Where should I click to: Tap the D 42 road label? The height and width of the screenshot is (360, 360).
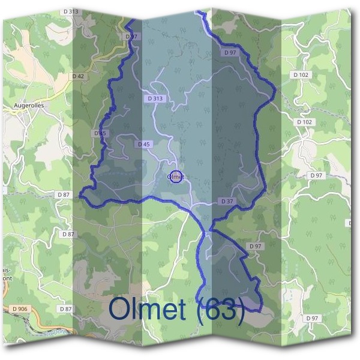tap(77, 76)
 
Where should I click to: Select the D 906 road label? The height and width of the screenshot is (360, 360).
tap(19, 308)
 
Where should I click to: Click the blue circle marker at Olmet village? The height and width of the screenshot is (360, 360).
tap(176, 177)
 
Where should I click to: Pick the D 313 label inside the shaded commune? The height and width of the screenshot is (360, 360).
tap(154, 98)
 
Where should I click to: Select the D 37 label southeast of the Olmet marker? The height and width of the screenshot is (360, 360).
tap(226, 201)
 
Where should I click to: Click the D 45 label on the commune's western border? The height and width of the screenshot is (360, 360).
tap(100, 133)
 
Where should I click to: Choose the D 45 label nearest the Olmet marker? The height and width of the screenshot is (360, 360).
tap(143, 145)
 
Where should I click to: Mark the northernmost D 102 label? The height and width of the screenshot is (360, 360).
tap(301, 74)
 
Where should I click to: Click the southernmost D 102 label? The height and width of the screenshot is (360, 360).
tap(304, 122)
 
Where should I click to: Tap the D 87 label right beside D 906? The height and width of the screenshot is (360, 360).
tap(66, 308)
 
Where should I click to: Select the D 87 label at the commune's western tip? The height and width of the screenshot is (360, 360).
tap(63, 195)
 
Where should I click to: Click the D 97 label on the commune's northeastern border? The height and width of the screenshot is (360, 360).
tap(230, 53)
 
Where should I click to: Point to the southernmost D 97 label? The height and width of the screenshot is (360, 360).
tap(311, 318)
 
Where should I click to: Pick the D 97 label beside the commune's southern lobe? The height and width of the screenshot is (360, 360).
tap(256, 247)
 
